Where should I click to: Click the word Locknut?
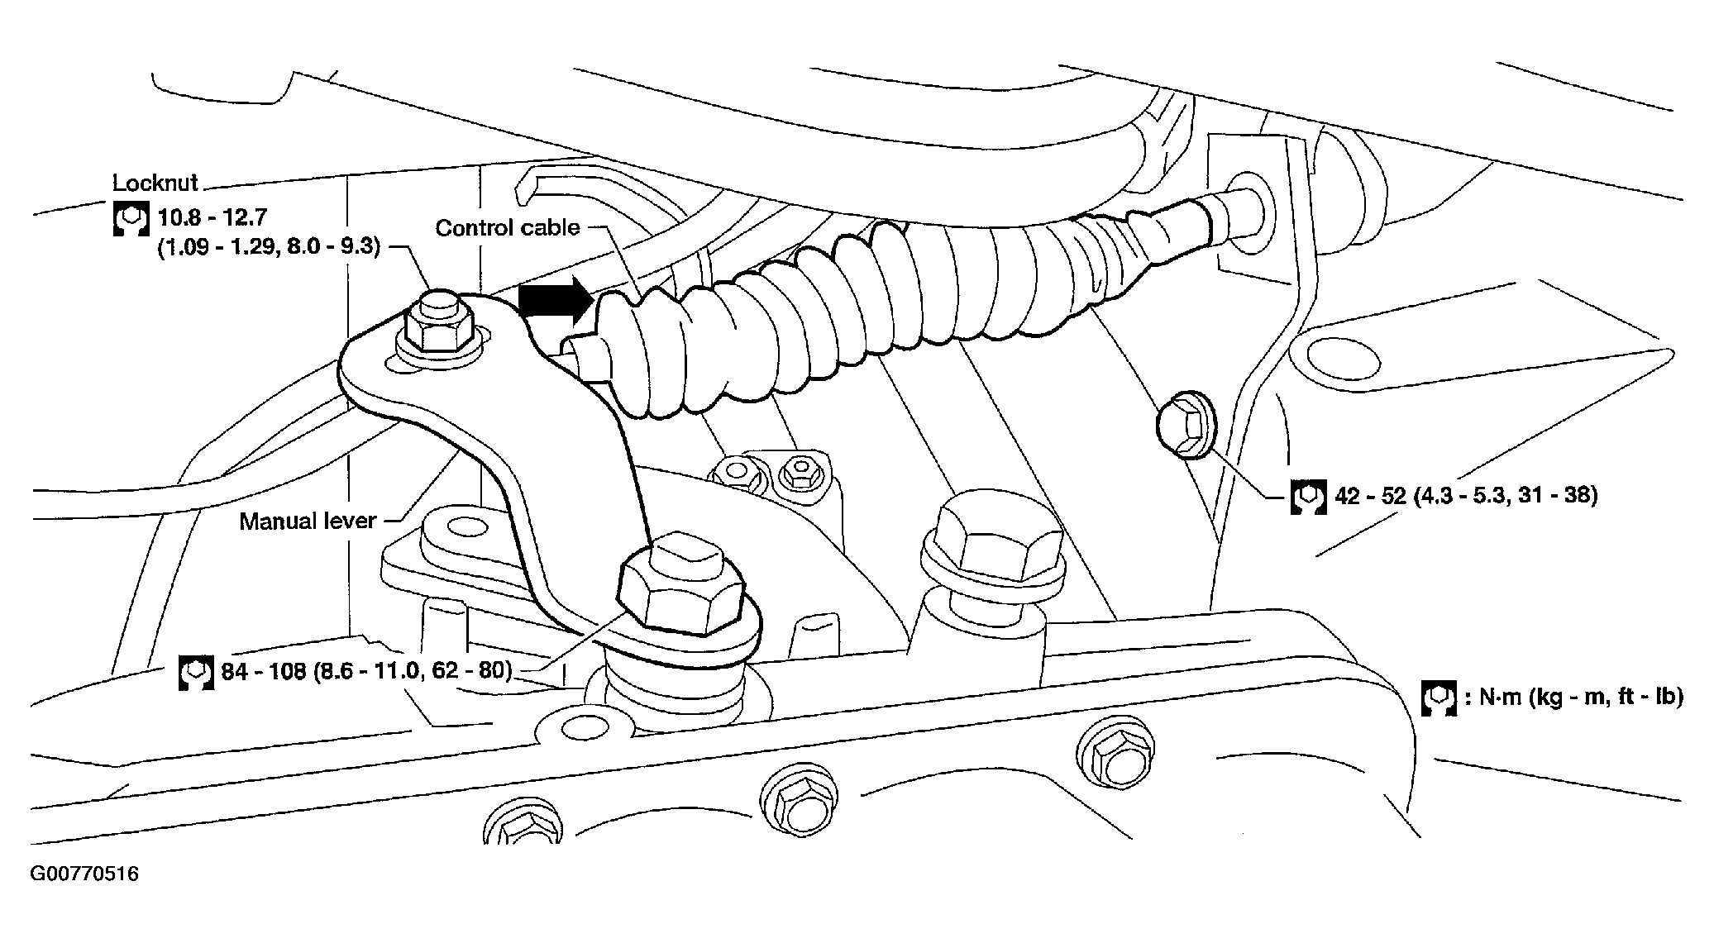[156, 183]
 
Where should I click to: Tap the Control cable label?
[508, 227]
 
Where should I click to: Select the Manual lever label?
[308, 521]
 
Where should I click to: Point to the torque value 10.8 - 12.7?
[212, 217]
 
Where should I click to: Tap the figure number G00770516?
[84, 874]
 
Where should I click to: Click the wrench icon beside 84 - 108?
[196, 673]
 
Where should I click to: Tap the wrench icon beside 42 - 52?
[1309, 498]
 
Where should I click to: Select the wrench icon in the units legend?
[1439, 698]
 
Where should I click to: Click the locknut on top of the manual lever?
[437, 331]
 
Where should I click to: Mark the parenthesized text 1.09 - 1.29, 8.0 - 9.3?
[269, 247]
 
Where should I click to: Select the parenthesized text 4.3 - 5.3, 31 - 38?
[1505, 495]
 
